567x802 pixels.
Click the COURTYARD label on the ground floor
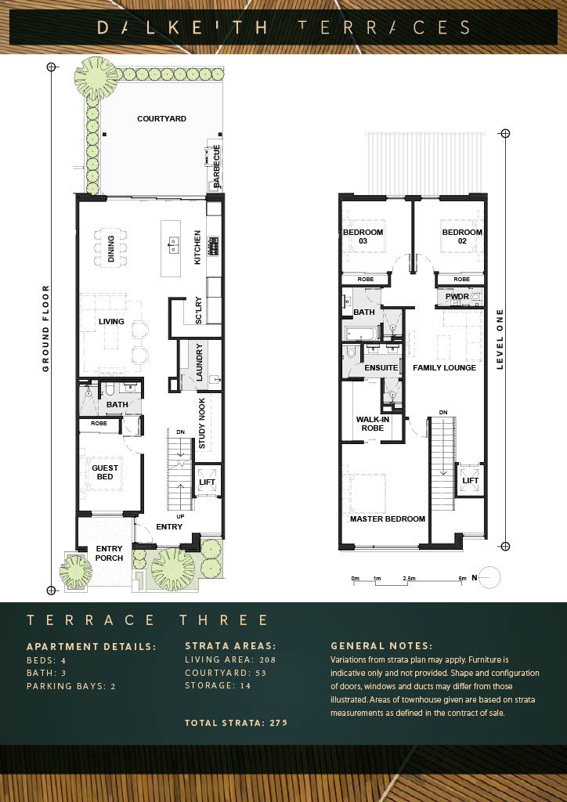click(161, 119)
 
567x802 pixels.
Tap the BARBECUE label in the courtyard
click(216, 166)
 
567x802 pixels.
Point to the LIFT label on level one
click(471, 481)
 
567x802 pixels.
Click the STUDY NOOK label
click(202, 424)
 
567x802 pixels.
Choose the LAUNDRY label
click(200, 362)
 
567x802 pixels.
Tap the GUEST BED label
click(105, 472)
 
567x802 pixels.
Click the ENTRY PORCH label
click(110, 554)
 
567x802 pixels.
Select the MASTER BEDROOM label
click(388, 518)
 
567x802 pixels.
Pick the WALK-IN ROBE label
click(373, 424)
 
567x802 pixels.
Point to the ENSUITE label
click(381, 368)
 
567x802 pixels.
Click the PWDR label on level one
click(457, 296)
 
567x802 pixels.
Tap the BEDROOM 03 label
click(363, 237)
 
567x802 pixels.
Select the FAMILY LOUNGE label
click(444, 368)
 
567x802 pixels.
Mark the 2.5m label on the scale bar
click(409, 579)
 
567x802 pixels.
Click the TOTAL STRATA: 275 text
click(237, 723)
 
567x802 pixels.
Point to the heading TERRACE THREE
click(147, 620)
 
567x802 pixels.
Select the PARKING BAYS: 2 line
click(71, 686)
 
